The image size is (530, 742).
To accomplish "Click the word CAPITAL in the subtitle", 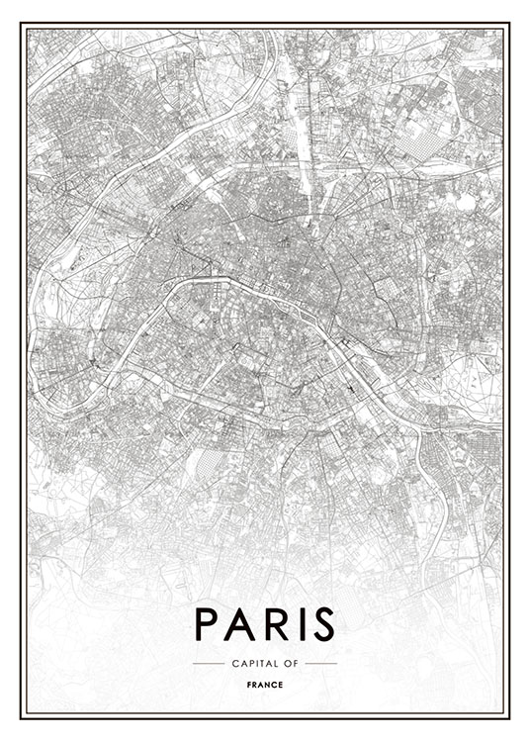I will click(252, 663).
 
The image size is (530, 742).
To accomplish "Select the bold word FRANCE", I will click(265, 684).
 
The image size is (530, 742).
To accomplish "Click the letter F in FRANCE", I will click(249, 684).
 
